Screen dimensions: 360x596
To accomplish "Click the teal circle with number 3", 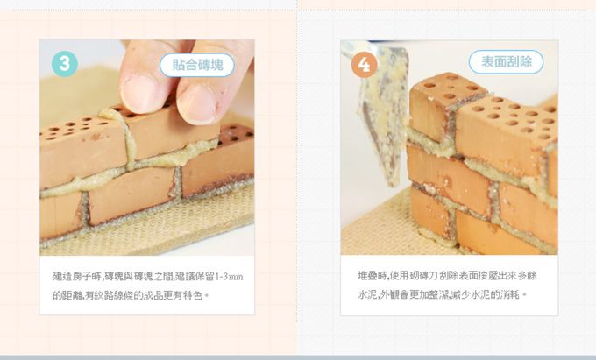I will pyautogui.click(x=65, y=63).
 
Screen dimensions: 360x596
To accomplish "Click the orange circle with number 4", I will pyautogui.click(x=364, y=64).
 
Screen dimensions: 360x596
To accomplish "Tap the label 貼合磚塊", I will pyautogui.click(x=197, y=64).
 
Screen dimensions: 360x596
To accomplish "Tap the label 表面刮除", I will pyautogui.click(x=506, y=61).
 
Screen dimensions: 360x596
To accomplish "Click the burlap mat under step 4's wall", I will pyautogui.click(x=377, y=232).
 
